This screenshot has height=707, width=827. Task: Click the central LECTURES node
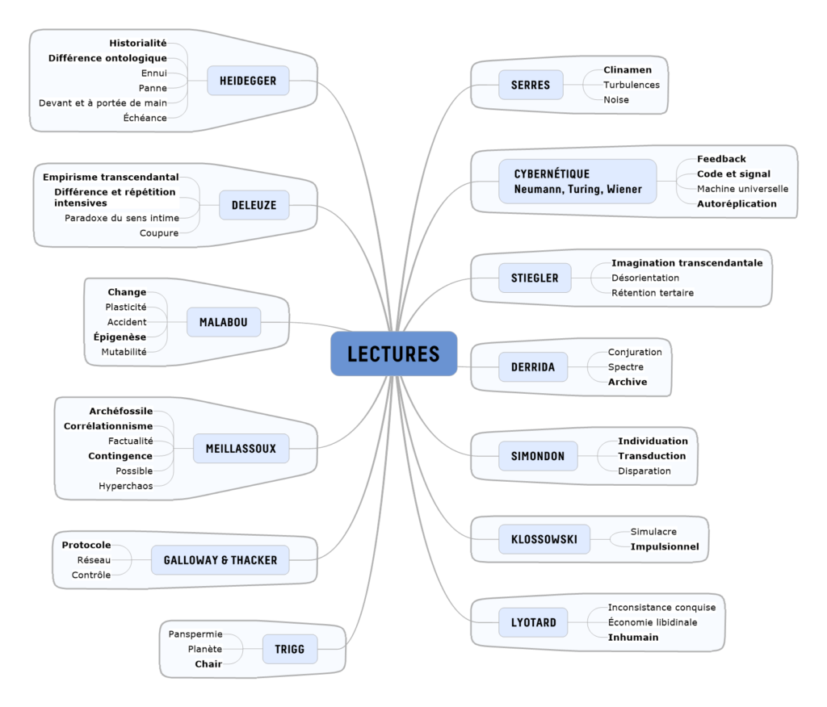click(393, 353)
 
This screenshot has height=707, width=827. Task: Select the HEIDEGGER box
click(248, 81)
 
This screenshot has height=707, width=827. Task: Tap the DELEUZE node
click(254, 205)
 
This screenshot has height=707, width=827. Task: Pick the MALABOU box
click(224, 323)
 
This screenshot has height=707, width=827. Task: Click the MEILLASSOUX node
click(241, 448)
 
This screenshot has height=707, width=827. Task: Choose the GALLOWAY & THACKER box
click(220, 560)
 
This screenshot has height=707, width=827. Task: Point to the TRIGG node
click(290, 648)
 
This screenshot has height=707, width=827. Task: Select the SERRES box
click(531, 85)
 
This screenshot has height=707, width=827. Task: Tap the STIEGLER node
click(535, 278)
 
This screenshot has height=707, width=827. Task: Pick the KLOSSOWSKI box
click(544, 539)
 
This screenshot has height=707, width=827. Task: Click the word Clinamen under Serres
click(628, 70)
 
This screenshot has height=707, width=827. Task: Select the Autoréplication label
click(737, 203)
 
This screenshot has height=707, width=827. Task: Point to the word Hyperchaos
click(125, 486)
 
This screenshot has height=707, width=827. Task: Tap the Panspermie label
click(195, 634)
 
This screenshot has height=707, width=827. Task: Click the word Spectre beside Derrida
click(626, 367)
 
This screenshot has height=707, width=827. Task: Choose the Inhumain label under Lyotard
click(633, 637)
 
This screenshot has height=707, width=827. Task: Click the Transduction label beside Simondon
click(652, 456)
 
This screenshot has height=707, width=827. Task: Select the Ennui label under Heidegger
click(153, 73)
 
